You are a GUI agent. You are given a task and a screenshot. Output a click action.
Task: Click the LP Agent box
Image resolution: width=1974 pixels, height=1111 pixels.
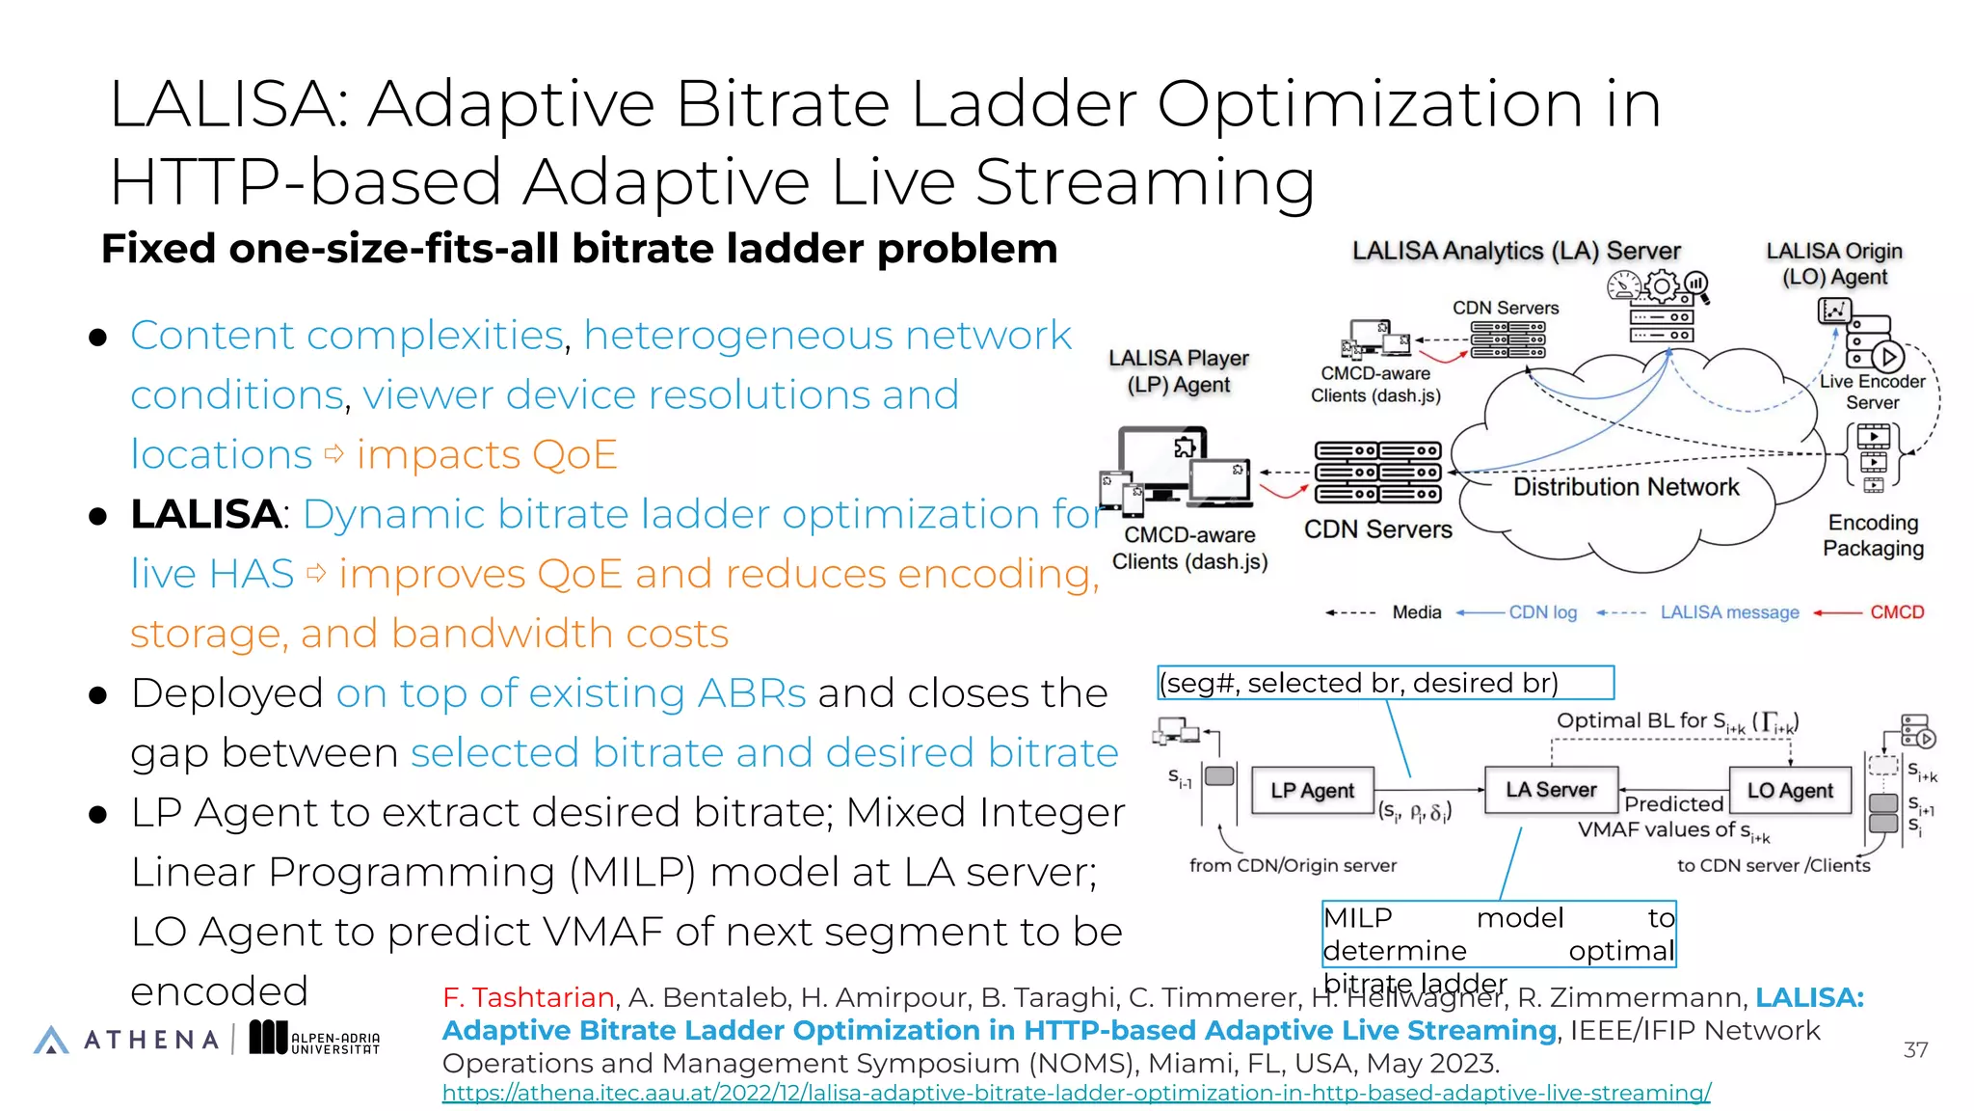pyautogui.click(x=1312, y=791)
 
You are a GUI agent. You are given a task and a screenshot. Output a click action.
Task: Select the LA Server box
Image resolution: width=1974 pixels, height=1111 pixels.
pyautogui.click(x=1551, y=790)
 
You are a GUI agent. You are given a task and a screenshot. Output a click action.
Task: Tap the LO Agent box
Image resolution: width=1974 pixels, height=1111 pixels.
pyautogui.click(x=1790, y=791)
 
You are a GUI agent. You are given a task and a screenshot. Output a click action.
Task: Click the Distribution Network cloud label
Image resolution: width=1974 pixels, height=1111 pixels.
pyautogui.click(x=1626, y=487)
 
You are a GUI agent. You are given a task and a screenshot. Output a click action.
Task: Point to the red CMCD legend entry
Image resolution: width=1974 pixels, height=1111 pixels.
pyautogui.click(x=1896, y=612)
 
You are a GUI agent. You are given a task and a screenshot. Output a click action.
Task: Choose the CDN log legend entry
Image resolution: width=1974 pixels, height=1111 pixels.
pyautogui.click(x=1542, y=612)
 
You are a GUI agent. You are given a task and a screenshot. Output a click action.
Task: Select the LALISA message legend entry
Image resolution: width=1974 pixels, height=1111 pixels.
pyautogui.click(x=1729, y=612)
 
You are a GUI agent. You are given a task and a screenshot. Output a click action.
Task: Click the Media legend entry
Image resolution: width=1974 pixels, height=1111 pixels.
pyautogui.click(x=1416, y=612)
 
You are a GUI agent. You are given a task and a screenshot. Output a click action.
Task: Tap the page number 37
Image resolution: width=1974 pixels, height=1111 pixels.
pyautogui.click(x=1915, y=1049)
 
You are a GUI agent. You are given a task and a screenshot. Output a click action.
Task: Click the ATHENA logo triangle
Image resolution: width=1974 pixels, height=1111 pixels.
pyautogui.click(x=51, y=1040)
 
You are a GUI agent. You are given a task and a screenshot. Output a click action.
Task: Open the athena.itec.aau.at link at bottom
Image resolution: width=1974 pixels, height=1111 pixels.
pyautogui.click(x=1076, y=1093)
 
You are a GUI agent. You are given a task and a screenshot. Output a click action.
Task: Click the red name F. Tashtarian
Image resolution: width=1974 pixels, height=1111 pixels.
pyautogui.click(x=528, y=997)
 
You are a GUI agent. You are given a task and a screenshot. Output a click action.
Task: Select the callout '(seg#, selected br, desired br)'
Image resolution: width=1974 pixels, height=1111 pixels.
pyautogui.click(x=1385, y=683)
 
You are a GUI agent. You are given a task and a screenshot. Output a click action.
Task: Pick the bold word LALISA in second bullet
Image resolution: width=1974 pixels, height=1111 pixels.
pyautogui.click(x=205, y=514)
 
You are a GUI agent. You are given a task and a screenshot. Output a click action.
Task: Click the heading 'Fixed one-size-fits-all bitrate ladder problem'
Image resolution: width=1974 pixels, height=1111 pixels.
pyautogui.click(x=579, y=249)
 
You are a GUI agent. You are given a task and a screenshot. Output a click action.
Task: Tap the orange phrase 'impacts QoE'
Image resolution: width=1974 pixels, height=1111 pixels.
pyautogui.click(x=487, y=454)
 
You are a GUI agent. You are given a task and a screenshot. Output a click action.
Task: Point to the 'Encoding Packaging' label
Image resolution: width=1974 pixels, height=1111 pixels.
pyautogui.click(x=1873, y=535)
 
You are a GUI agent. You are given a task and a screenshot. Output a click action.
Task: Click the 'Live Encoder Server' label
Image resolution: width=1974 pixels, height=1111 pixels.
pyautogui.click(x=1872, y=392)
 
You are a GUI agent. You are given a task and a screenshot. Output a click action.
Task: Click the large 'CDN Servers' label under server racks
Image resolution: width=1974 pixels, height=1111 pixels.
pyautogui.click(x=1377, y=529)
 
